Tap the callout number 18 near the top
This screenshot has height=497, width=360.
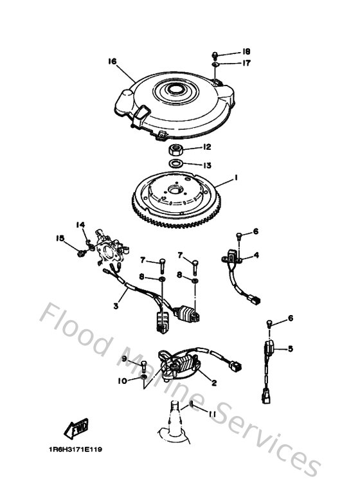point(246,51)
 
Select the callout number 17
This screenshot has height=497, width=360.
point(246,63)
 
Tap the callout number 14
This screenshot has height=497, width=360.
point(81,224)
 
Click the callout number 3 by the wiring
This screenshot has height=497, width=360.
point(116,307)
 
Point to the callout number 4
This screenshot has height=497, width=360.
point(256,255)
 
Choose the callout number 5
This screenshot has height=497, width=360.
point(290,349)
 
